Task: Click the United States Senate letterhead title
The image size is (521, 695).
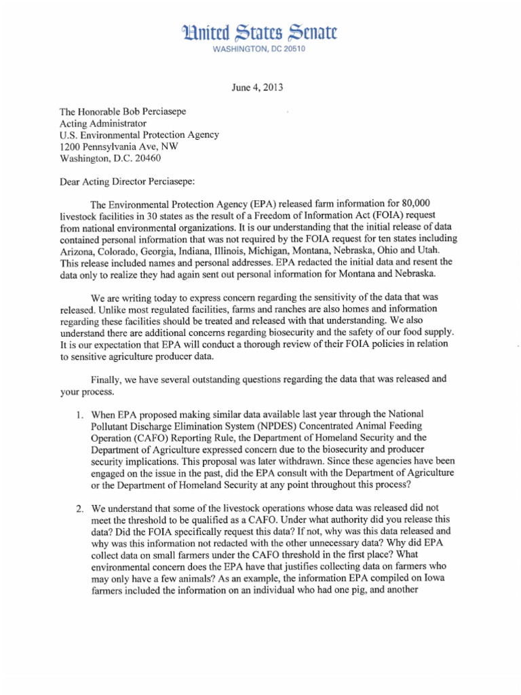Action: coord(260,33)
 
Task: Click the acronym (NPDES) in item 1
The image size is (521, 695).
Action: coord(277,426)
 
